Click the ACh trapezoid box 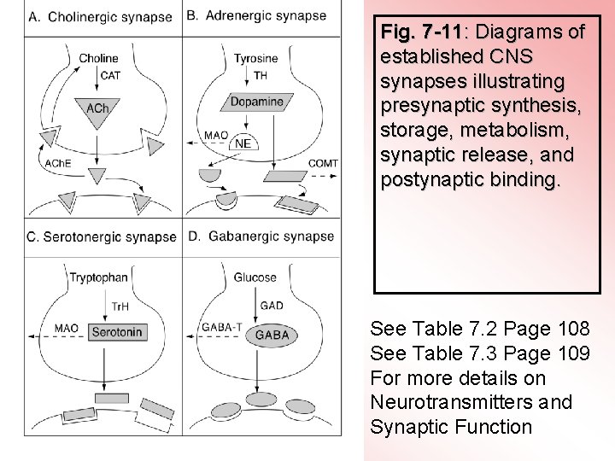click(98, 108)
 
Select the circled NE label click(243, 143)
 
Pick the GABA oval click(272, 335)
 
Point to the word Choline click(98, 59)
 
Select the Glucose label click(255, 277)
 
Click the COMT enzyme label click(323, 163)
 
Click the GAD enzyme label click(272, 305)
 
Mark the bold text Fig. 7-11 click(422, 32)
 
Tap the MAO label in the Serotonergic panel click(66, 327)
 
